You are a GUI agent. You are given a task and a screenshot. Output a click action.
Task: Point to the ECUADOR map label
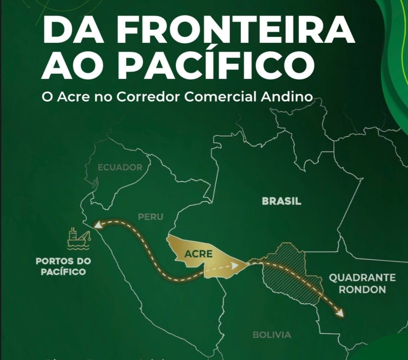click(120, 167)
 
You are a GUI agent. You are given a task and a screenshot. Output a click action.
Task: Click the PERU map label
click(150, 217)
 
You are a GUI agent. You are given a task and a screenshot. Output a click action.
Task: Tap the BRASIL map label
click(281, 201)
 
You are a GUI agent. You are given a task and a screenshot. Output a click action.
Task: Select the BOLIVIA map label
click(272, 335)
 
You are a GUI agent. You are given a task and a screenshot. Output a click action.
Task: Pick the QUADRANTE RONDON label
click(363, 284)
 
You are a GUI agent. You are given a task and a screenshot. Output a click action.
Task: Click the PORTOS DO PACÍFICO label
click(63, 266)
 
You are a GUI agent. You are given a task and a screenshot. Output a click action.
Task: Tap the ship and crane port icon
click(79, 238)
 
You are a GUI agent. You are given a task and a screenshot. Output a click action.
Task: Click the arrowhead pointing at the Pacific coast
click(97, 225)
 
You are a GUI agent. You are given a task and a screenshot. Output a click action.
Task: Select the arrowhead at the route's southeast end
click(340, 314)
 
